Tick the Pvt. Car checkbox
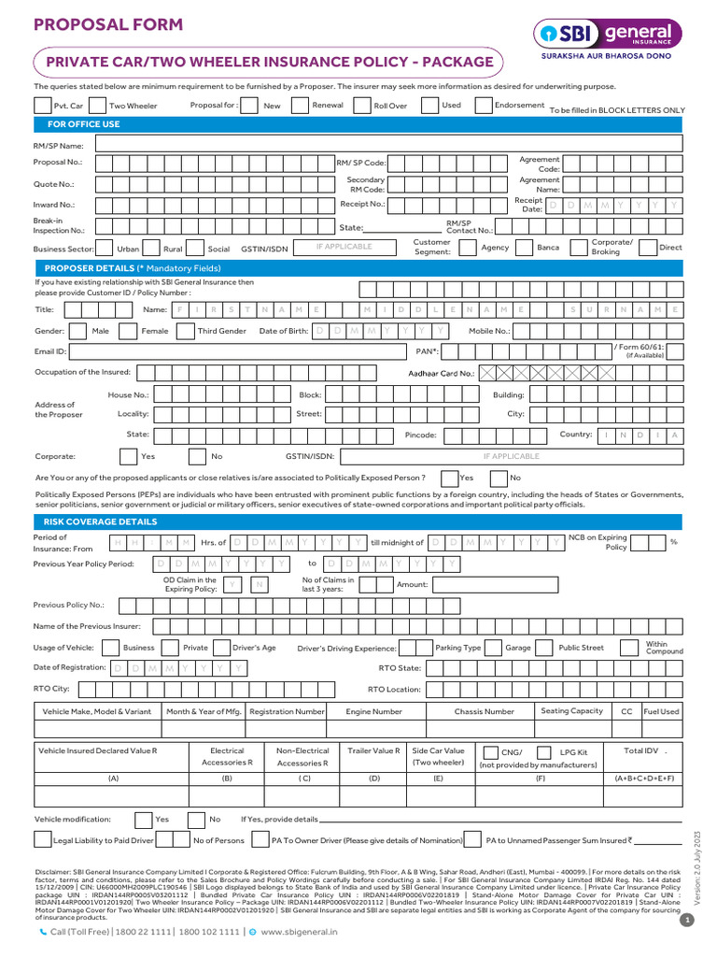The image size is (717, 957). (x=42, y=106)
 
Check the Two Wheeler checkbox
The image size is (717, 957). (x=98, y=106)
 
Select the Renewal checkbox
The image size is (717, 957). (x=300, y=106)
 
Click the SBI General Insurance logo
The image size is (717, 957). (x=607, y=37)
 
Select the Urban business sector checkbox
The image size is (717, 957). (x=105, y=249)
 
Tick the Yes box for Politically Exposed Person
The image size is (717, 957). (x=448, y=478)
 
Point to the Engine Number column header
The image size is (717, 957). (x=373, y=711)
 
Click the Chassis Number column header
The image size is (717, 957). (x=484, y=711)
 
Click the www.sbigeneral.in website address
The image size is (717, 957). (x=299, y=932)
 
